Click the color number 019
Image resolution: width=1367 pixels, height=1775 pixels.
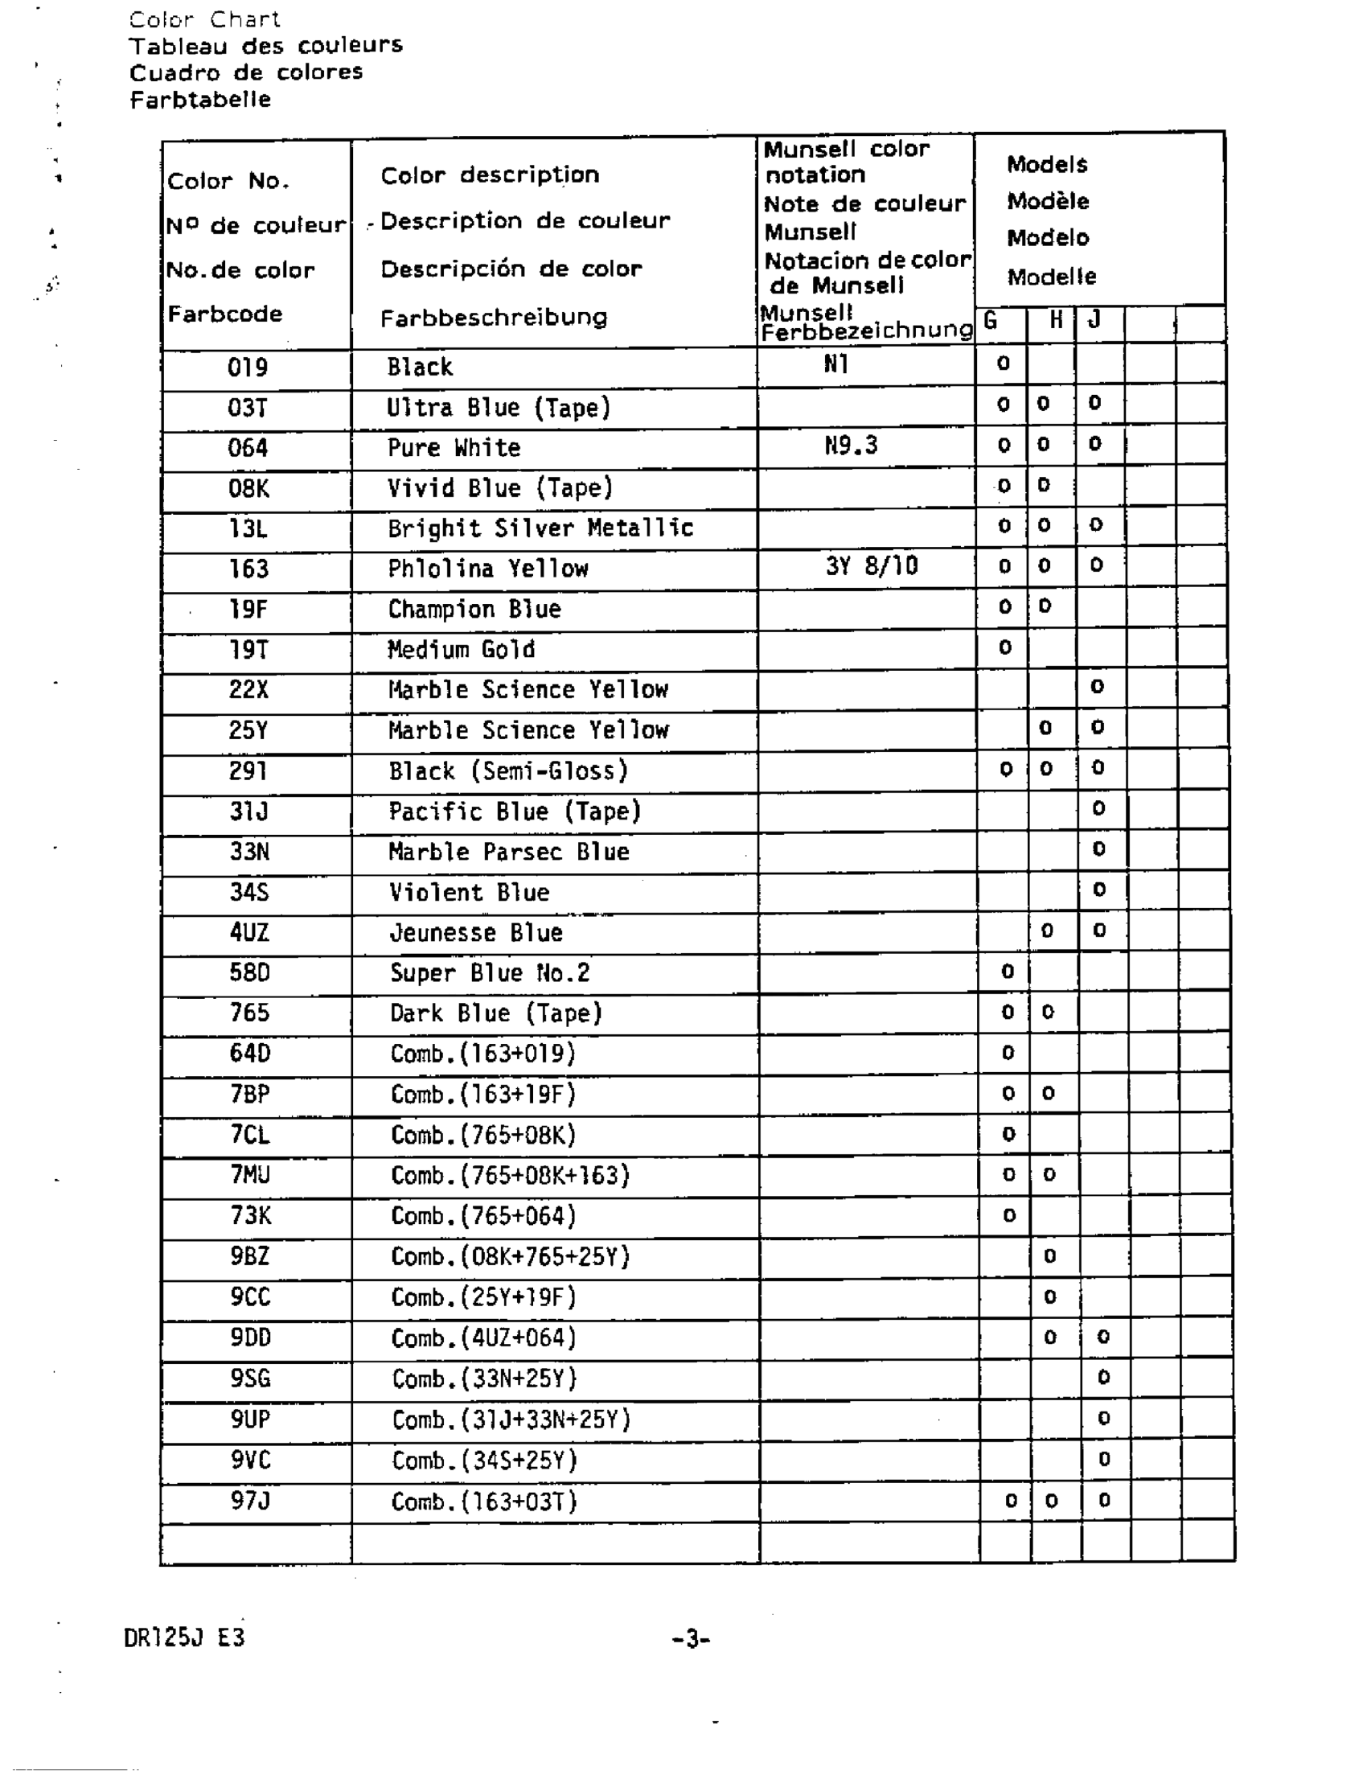click(x=247, y=368)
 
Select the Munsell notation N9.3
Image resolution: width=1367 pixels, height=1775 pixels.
click(x=851, y=446)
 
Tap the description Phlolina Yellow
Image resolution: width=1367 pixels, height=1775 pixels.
click(x=487, y=568)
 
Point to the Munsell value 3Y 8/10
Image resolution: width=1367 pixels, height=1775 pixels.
click(x=871, y=565)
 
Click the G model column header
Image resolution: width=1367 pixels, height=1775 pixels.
click(x=990, y=320)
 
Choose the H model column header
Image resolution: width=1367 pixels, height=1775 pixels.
click(x=1055, y=320)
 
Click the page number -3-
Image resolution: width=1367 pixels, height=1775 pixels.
click(x=691, y=1639)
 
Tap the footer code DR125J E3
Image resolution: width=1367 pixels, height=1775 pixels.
click(x=184, y=1637)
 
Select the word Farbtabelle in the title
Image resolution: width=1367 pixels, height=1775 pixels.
click(x=200, y=100)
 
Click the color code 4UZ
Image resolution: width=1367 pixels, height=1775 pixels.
click(x=248, y=931)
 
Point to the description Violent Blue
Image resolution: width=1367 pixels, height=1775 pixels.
click(x=469, y=893)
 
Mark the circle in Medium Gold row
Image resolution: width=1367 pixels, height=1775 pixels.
click(x=1005, y=647)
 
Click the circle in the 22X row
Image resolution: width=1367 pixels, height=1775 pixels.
click(x=1097, y=687)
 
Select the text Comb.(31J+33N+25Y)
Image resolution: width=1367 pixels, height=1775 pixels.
click(x=511, y=1420)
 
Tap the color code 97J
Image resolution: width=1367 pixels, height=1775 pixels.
click(x=249, y=1500)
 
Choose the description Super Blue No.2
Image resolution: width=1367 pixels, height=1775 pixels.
click(x=489, y=973)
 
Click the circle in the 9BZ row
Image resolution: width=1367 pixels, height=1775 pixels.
click(x=1049, y=1256)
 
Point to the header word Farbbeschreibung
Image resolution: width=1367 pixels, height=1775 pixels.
click(x=493, y=318)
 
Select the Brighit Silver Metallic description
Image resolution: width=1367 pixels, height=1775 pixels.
click(x=540, y=528)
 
